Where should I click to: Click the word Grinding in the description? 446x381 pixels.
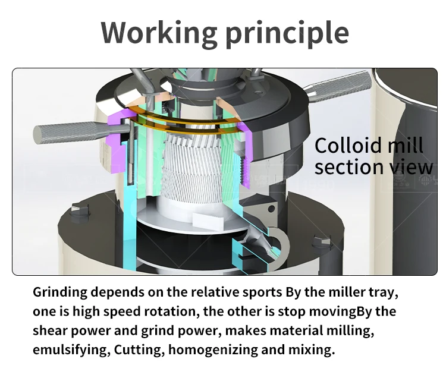tap(61, 292)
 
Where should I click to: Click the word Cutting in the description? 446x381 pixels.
tap(130, 349)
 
